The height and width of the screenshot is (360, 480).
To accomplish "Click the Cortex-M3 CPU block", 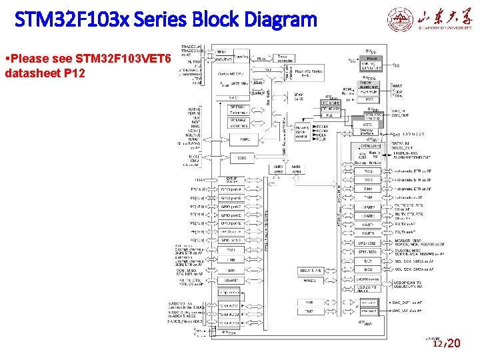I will pos(233,73).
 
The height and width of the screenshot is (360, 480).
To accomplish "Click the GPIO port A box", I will pos(233,189).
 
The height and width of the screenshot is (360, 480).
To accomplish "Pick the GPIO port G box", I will pos(233,240).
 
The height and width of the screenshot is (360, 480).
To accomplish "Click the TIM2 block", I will pos(368,171).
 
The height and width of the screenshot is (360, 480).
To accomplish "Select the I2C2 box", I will pos(368,269).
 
